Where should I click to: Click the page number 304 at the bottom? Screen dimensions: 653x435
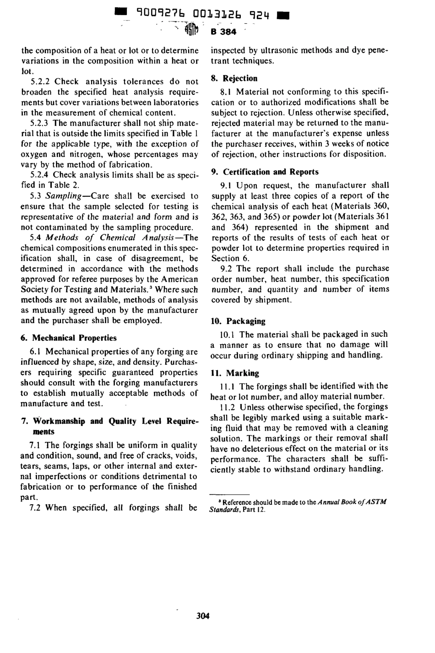coord(202,615)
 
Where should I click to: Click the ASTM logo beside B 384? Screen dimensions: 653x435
coord(191,31)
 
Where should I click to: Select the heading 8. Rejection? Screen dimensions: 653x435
coord(234,78)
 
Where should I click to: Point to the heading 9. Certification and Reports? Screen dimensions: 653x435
coord(265,172)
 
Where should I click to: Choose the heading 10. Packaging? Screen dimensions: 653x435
coord(238,321)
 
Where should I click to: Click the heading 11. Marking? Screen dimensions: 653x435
coord(235,373)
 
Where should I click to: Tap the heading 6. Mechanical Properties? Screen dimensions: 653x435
coord(69,338)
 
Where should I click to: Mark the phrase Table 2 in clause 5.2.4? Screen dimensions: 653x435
coord(65,185)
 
